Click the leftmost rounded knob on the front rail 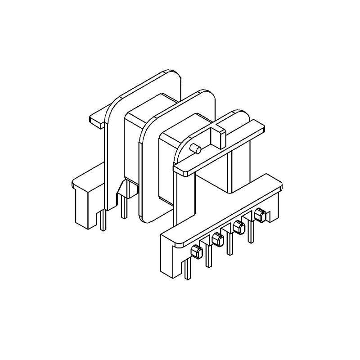[196, 252]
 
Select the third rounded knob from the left [238, 228]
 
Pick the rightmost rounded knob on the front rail [259, 216]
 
